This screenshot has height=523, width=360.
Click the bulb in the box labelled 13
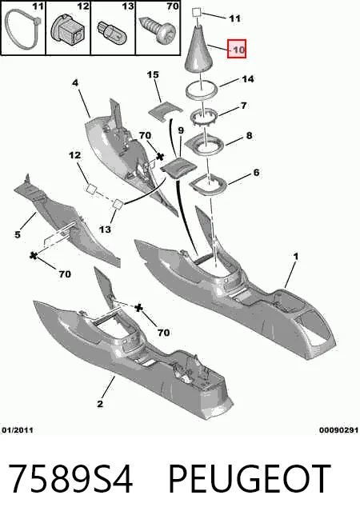click(x=110, y=31)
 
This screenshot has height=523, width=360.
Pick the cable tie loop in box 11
click(x=22, y=30)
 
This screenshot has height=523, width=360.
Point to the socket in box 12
click(x=68, y=30)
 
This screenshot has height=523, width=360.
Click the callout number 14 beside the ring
click(x=247, y=79)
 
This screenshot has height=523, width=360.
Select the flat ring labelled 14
click(x=202, y=90)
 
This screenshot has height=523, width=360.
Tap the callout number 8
click(x=249, y=136)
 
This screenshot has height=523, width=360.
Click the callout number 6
click(x=256, y=173)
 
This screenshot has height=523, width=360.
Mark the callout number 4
click(x=75, y=82)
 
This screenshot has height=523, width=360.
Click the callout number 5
click(x=18, y=234)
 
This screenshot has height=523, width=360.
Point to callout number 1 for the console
click(x=296, y=257)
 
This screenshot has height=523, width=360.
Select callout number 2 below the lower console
click(x=100, y=404)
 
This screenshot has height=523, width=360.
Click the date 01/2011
click(x=18, y=430)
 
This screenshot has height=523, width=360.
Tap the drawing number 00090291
click(x=338, y=430)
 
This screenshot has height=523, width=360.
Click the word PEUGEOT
click(x=250, y=479)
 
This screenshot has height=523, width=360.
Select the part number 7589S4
click(x=70, y=479)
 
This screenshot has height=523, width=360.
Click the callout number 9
click(x=181, y=130)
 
